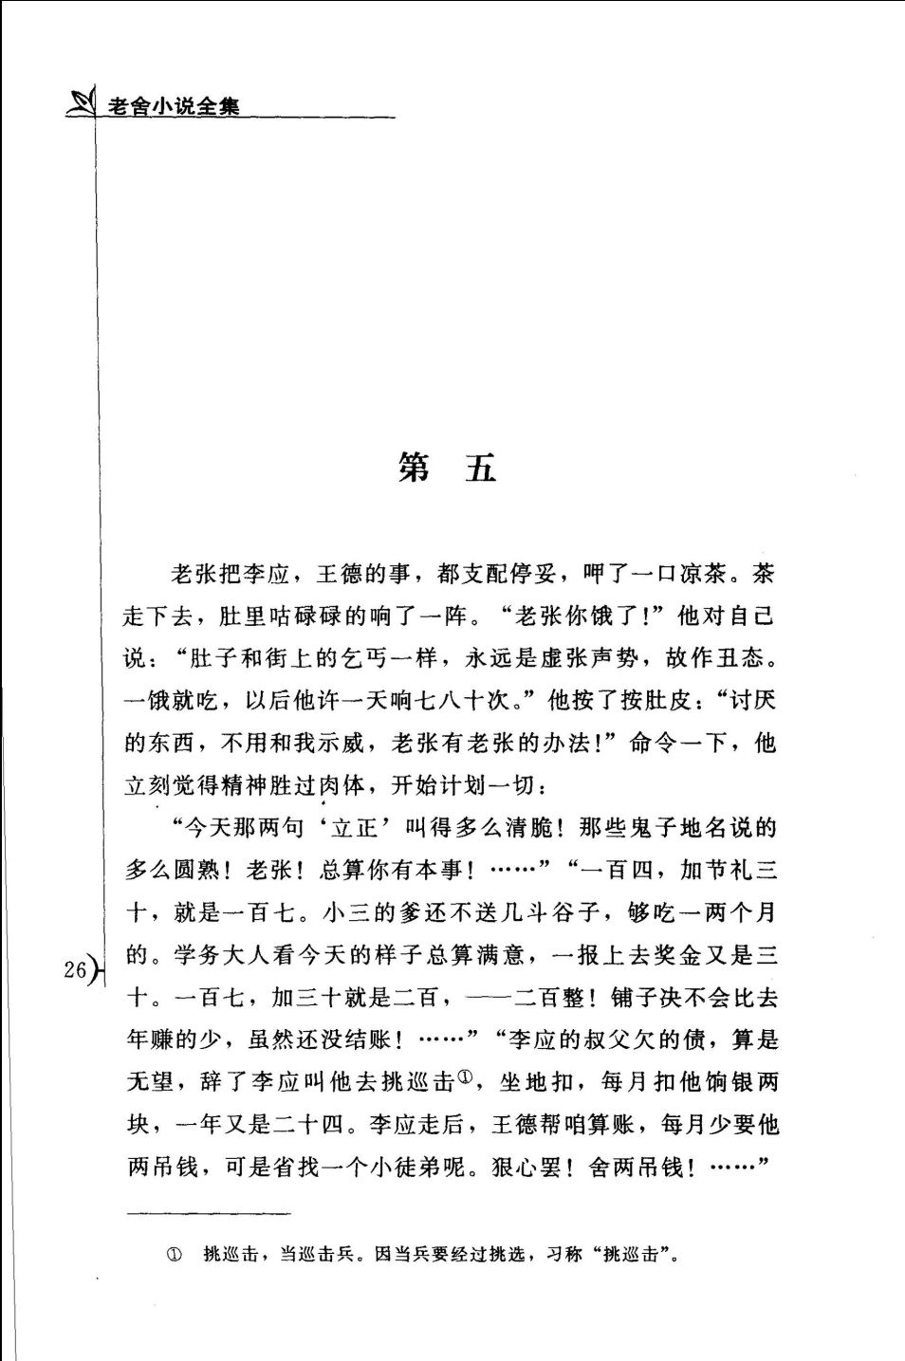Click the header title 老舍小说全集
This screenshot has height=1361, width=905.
point(174,105)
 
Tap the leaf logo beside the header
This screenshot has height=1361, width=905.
point(82,101)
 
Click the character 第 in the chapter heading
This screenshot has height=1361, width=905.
point(414,467)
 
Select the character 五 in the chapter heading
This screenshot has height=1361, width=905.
point(481,467)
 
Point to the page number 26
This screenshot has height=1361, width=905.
point(75,968)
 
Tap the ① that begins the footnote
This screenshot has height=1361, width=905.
point(174,1255)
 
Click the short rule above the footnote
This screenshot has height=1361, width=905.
point(209,1213)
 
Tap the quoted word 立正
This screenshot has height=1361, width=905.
point(355,828)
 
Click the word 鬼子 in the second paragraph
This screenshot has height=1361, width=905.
point(654,828)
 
